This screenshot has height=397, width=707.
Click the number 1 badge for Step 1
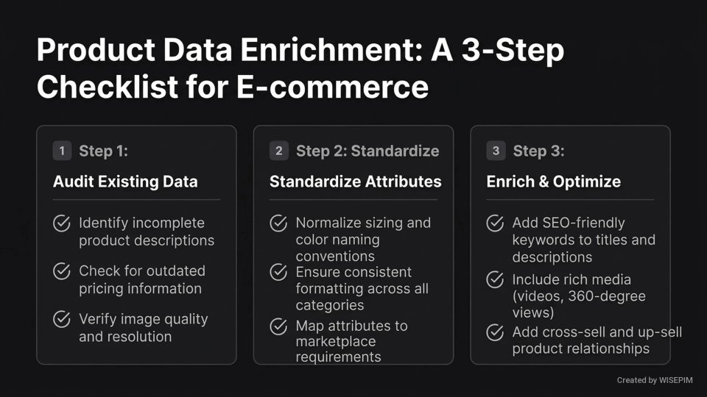pos(62,151)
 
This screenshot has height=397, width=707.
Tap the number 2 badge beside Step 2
pos(279,151)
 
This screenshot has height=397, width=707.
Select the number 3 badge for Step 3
pos(496,151)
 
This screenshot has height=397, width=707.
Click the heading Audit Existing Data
pos(125,182)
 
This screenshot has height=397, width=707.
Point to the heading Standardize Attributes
pos(356,182)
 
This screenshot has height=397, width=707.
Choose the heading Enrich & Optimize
pos(554,182)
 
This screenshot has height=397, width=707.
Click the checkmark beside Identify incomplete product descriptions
pos(62,223)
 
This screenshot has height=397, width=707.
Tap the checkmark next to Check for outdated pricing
pos(62,271)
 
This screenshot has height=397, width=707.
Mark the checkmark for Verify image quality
pos(62,320)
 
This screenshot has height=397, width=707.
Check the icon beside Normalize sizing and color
pos(279,223)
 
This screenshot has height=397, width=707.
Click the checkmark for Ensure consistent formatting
pos(279,272)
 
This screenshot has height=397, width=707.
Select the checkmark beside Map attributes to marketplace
pos(279,326)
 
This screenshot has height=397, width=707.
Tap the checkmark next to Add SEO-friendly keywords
pos(496,223)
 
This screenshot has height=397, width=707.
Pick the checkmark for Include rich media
pos(496,279)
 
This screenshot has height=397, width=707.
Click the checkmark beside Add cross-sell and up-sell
pos(496,333)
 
